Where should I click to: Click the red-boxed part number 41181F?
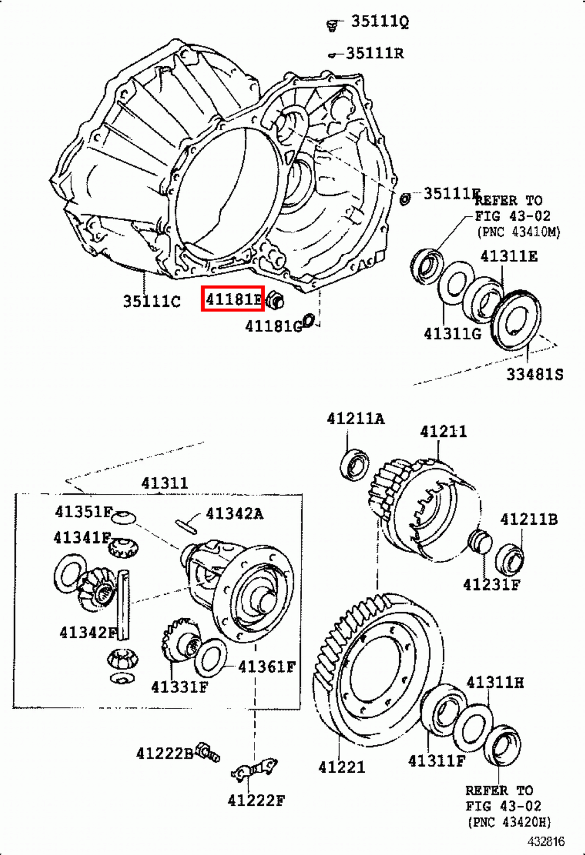(x=233, y=299)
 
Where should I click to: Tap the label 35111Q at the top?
(x=380, y=21)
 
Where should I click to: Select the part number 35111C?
(x=152, y=301)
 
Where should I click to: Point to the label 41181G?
(x=273, y=326)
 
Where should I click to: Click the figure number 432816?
(x=545, y=842)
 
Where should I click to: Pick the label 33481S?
(x=535, y=374)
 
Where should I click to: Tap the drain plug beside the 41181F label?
(x=275, y=301)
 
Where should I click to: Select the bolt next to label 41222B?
(x=207, y=752)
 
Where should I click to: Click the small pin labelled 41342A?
(x=186, y=525)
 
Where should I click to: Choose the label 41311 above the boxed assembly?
(x=165, y=483)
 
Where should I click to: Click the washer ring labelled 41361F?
(x=210, y=657)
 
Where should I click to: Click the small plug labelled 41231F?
(x=480, y=541)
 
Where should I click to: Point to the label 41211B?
(x=528, y=519)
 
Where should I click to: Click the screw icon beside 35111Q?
(x=333, y=25)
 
